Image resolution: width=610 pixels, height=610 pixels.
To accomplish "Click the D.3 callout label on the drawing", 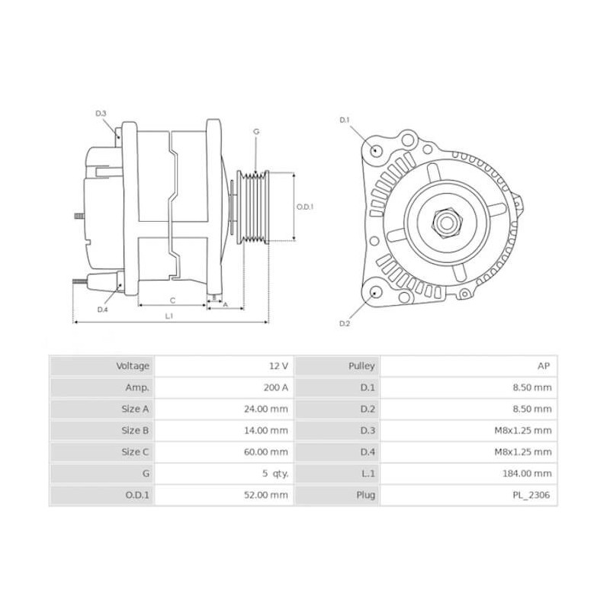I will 101,114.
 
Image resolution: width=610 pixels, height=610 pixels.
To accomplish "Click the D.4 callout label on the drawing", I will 102,310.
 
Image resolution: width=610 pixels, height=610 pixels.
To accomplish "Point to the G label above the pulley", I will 256,132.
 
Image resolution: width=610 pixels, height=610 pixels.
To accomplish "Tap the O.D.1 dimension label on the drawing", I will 305,207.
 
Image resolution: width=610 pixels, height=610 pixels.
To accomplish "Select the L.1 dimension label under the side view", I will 169,316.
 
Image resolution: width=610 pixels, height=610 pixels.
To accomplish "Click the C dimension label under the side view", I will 172,300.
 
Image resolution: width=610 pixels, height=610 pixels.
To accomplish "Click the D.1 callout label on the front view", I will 344,120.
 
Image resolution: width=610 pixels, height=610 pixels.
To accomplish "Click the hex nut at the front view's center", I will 446,223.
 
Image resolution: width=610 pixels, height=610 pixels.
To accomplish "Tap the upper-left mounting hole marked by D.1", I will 376,149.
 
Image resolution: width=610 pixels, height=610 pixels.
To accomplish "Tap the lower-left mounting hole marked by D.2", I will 375,294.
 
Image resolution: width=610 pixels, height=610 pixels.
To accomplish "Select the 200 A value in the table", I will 275,387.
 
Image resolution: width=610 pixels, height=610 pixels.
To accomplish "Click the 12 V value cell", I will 278,366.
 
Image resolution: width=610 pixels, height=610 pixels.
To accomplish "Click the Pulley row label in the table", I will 361,366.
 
